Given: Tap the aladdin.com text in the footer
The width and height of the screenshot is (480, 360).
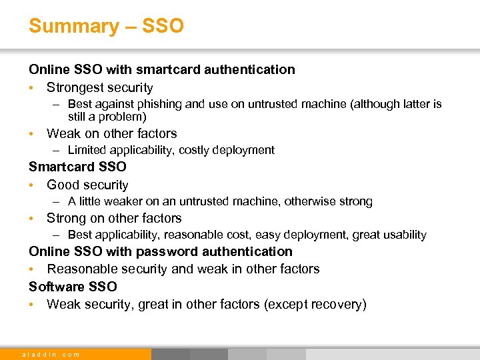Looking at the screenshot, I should pyautogui.click(x=51, y=354).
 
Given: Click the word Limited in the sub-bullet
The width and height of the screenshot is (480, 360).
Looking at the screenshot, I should pyautogui.click(x=87, y=150).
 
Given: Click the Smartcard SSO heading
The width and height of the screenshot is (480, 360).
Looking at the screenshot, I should pyautogui.click(x=77, y=167).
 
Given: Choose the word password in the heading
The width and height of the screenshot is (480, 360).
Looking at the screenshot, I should pyautogui.click(x=164, y=251).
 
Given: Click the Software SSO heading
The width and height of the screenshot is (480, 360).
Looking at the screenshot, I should pyautogui.click(x=73, y=286).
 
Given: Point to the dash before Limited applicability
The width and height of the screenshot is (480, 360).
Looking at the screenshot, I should pyautogui.click(x=58, y=150).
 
